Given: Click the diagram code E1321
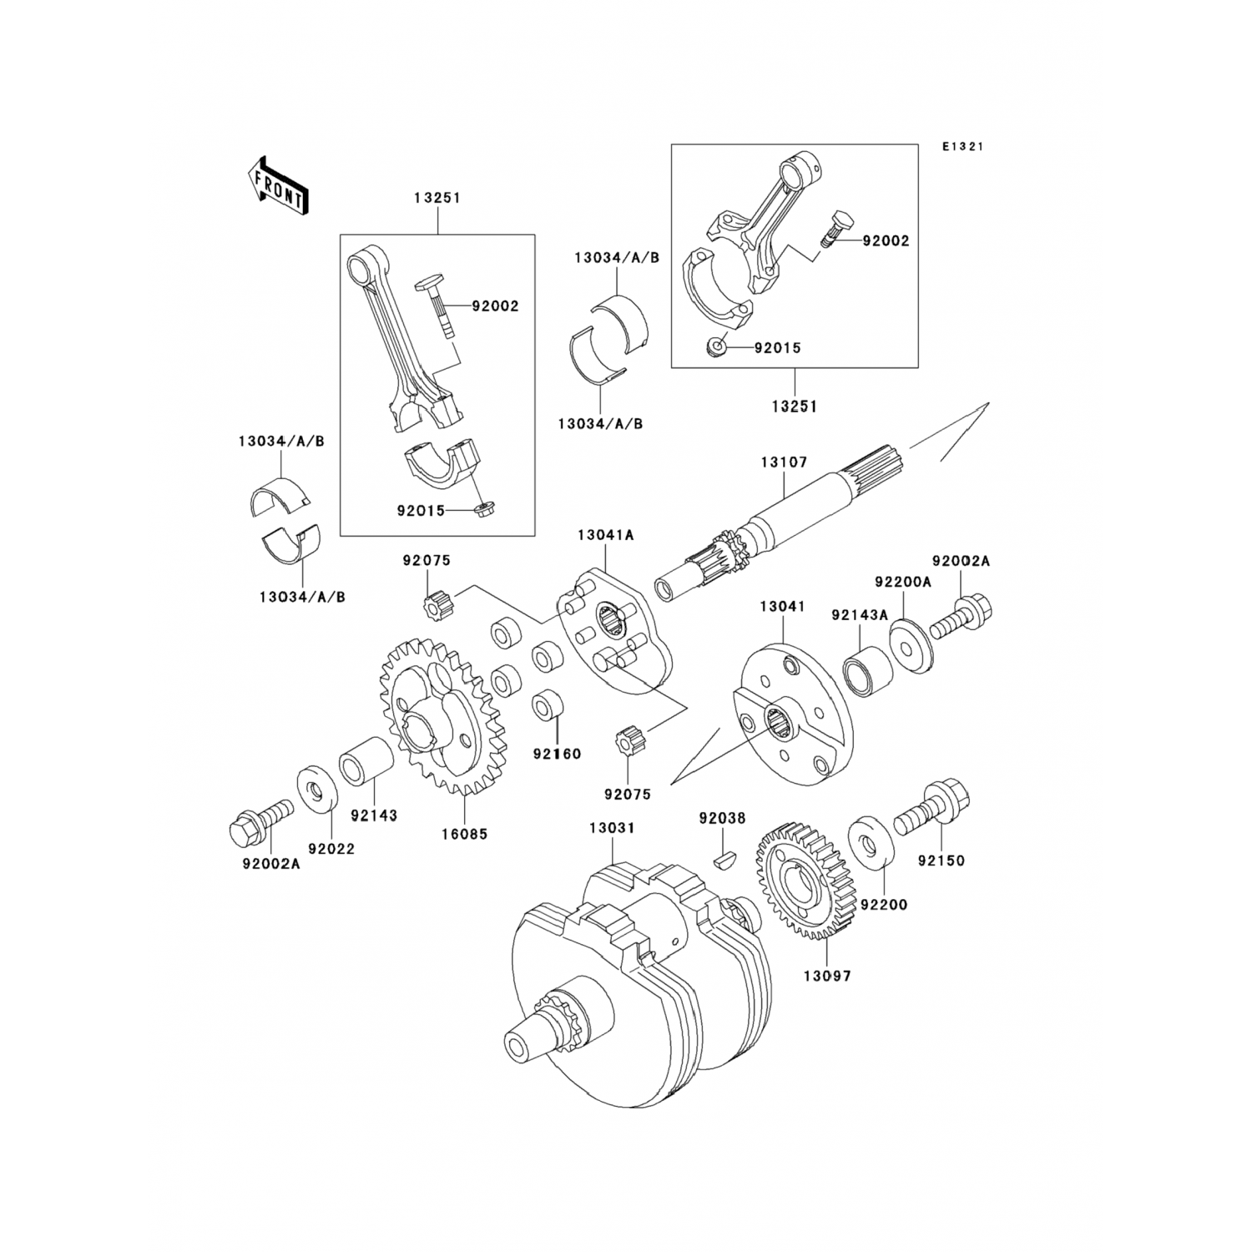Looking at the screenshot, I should click(x=962, y=146).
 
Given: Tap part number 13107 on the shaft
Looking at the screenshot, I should click(x=783, y=462).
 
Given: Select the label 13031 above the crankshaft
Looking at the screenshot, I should click(x=612, y=828).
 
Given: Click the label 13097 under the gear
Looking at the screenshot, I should click(x=827, y=974).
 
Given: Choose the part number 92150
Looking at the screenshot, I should click(x=941, y=860).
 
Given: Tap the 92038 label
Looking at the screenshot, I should click(x=723, y=819).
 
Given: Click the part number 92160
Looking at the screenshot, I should click(x=558, y=754).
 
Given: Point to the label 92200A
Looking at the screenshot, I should click(x=903, y=581).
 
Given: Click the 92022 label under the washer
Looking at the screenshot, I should click(x=331, y=849).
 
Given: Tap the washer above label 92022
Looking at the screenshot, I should click(x=317, y=786).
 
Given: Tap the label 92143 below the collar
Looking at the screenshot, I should click(x=374, y=815).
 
